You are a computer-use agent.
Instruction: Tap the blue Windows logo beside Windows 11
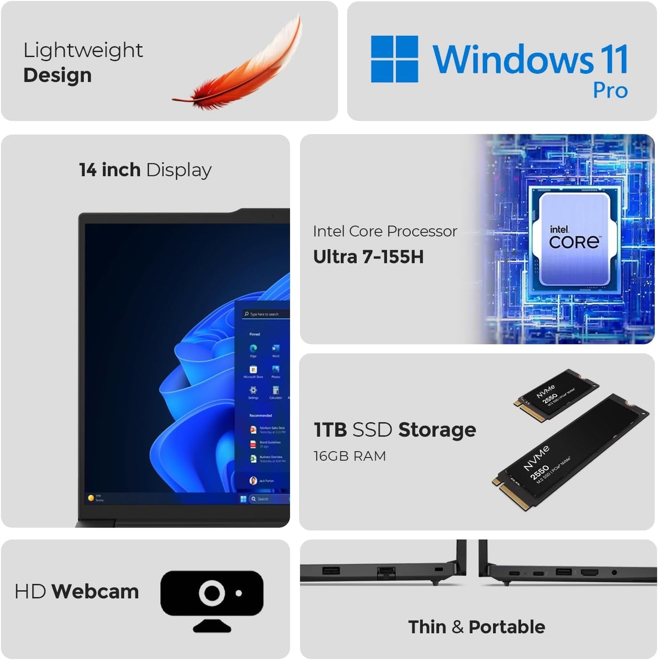(394, 59)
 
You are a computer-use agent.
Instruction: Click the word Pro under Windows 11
(610, 91)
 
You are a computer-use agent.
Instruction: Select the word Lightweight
(83, 50)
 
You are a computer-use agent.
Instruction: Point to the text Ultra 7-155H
(368, 257)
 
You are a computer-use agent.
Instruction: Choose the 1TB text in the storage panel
(331, 430)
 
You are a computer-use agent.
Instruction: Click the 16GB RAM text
(350, 456)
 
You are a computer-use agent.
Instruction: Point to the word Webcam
(95, 592)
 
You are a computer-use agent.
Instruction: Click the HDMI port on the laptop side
(589, 572)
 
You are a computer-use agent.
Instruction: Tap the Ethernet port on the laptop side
(385, 572)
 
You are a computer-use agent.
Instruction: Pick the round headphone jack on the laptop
(614, 572)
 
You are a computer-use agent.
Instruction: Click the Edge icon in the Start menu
(253, 349)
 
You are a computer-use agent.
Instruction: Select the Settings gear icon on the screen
(253, 390)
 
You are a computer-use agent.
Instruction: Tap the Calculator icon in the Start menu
(275, 390)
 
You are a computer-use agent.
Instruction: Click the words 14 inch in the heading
(109, 170)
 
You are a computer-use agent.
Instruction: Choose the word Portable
(507, 627)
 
